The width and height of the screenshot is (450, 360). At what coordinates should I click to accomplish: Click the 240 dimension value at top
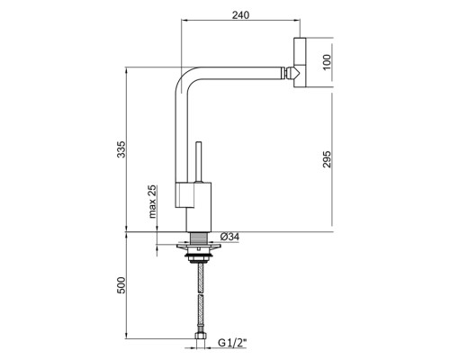point(240,15)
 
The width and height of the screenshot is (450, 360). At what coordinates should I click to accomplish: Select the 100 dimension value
point(327,62)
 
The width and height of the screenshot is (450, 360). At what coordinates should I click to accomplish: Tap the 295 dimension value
point(327,159)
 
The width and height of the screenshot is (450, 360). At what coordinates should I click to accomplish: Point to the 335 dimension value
point(121,149)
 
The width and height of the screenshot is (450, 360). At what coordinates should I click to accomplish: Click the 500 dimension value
point(121,285)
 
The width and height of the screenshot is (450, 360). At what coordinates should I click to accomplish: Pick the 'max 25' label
point(153,202)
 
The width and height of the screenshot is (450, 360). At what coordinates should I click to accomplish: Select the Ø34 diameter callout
point(229,237)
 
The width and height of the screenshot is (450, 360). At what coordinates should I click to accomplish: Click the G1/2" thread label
point(232,343)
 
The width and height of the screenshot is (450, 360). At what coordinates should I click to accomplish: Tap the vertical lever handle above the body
point(198,162)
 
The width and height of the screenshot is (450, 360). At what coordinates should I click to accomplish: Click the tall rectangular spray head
point(300,62)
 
